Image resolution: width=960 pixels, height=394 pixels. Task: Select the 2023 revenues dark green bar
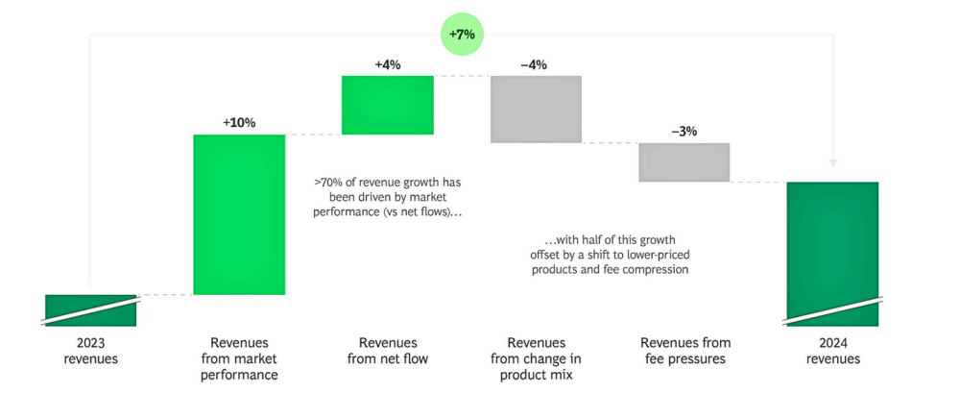(x=91, y=310)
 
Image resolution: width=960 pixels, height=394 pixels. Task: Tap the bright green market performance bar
(x=239, y=213)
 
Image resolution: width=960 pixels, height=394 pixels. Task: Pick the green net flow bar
(x=388, y=105)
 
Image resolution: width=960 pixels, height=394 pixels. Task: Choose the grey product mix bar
(x=536, y=109)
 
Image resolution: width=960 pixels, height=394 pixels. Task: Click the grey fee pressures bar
(x=684, y=161)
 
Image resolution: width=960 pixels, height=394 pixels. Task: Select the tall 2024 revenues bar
(x=832, y=252)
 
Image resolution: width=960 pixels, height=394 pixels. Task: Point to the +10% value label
(x=239, y=123)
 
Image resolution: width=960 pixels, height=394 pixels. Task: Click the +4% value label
(x=388, y=64)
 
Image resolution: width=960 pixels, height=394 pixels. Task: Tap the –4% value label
(x=534, y=64)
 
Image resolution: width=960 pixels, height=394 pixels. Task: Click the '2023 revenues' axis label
(x=91, y=351)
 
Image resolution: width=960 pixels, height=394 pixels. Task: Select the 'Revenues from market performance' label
(x=239, y=358)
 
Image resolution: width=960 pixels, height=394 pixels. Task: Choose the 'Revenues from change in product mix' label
(x=536, y=358)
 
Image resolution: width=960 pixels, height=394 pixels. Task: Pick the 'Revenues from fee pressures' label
(x=684, y=351)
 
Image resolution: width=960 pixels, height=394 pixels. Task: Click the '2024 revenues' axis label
(x=832, y=351)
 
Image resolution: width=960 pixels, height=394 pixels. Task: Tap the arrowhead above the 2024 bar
(x=832, y=164)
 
